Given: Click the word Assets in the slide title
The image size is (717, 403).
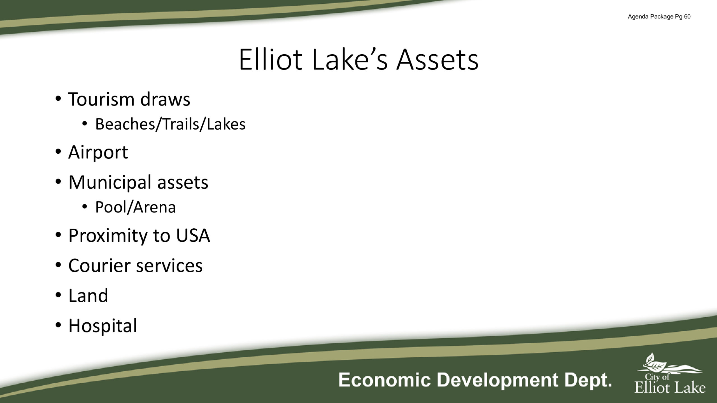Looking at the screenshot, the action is coord(437,60).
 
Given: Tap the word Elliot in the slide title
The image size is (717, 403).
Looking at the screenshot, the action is coord(271,59).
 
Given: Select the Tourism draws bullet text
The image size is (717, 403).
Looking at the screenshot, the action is coord(129,99).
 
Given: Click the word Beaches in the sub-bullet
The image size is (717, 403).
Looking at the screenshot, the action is coord(125,124).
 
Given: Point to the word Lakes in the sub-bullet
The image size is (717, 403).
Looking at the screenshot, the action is coord(226,124).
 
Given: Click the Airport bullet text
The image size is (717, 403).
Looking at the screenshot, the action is coord(98,153).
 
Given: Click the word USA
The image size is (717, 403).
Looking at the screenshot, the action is coord(193,235).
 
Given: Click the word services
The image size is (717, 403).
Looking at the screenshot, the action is coord(169,265).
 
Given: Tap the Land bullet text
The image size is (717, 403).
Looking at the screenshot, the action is coord(88,296).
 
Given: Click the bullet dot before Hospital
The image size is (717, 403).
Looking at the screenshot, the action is coord(58,325).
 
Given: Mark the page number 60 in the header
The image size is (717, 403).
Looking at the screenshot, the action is coord(687,17).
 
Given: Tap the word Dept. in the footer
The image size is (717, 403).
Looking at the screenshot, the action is coord(588,380).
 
